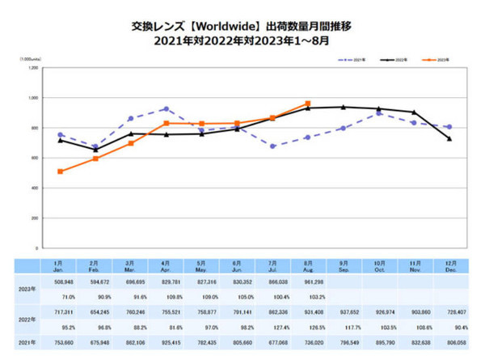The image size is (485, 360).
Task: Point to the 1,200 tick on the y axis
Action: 32,68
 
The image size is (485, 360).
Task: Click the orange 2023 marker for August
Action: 307,104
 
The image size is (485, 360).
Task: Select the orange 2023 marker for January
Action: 61,172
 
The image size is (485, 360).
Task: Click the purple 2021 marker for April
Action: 166,108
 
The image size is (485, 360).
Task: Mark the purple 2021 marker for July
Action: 272,146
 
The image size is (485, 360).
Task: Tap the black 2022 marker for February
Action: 95,150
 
